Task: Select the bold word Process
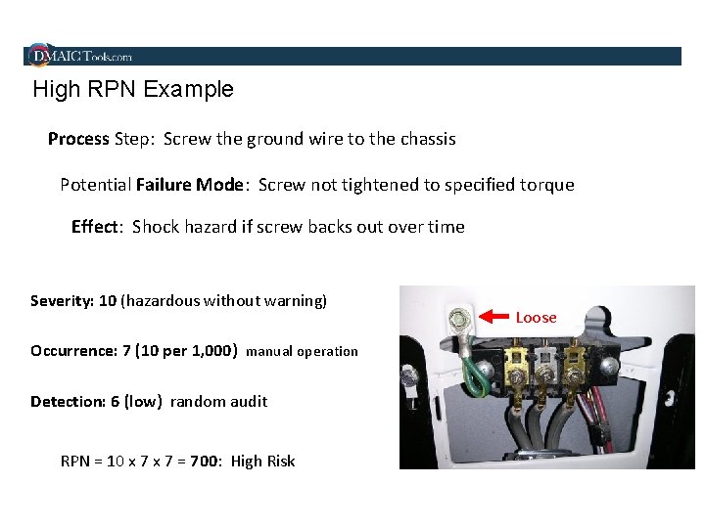[x=78, y=139]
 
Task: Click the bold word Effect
[x=94, y=227]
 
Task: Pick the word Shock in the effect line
[x=155, y=227]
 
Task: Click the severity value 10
[x=108, y=301]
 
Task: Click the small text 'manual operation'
[x=302, y=352]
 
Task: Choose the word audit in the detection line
[x=248, y=402]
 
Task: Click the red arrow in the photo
[x=493, y=315]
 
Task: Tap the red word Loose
[x=536, y=318]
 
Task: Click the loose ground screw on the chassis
[x=455, y=319]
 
